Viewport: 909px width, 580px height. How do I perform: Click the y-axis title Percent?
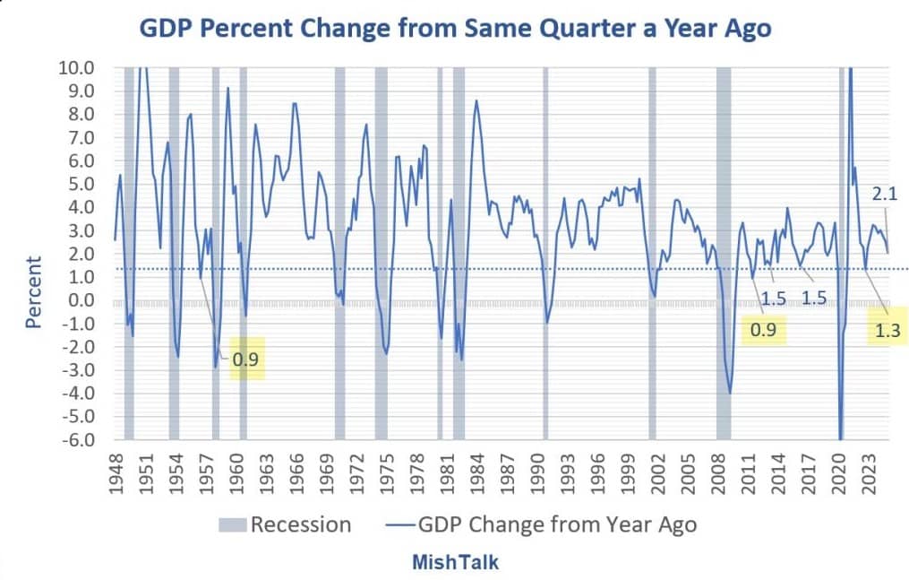[x=33, y=291]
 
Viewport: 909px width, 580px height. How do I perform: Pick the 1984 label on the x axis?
[x=476, y=471]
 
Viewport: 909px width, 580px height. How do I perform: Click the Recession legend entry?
[x=285, y=524]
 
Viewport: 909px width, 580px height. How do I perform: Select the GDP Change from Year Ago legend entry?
[x=541, y=524]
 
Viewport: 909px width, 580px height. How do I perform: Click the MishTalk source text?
[x=455, y=562]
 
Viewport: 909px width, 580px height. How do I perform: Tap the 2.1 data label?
[x=885, y=192]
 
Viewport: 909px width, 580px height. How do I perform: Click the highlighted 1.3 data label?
[x=888, y=332]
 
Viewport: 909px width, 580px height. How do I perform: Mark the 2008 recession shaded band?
[x=723, y=251]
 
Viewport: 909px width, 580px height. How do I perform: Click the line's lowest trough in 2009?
[x=730, y=393]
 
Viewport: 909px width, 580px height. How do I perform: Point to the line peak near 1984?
[x=476, y=100]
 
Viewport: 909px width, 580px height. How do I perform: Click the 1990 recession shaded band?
[x=545, y=251]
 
